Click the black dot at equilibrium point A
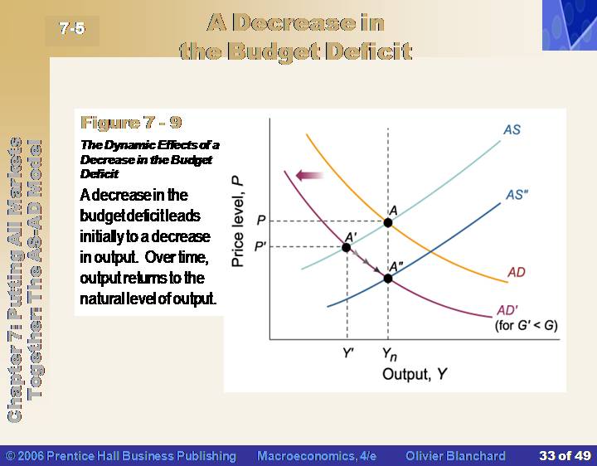tap(387, 223)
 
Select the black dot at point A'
tap(346, 247)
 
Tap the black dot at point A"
tap(387, 279)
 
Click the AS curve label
tap(512, 130)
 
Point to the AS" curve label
tap(517, 195)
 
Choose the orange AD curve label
tap(517, 272)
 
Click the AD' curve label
tap(507, 310)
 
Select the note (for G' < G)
tap(527, 326)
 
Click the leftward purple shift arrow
tap(309, 176)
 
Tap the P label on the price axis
tap(261, 221)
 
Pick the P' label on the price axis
tap(260, 246)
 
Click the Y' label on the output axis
tap(348, 353)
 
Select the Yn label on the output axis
tap(390, 354)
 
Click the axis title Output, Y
tap(415, 374)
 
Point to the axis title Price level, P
tap(237, 221)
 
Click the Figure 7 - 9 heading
tap(131, 123)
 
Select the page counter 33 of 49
tap(565, 456)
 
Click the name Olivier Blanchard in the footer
tap(455, 456)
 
